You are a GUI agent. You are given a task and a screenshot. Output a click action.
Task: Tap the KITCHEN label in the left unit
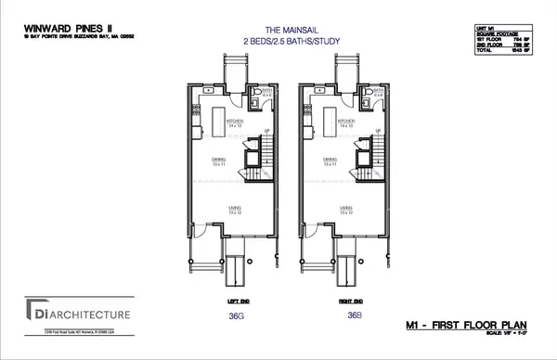point(240,121)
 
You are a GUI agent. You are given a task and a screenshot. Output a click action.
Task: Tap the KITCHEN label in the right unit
point(347,121)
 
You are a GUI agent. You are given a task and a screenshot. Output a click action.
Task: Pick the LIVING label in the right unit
point(345,209)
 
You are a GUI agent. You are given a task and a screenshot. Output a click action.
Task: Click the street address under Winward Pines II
point(52,39)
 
